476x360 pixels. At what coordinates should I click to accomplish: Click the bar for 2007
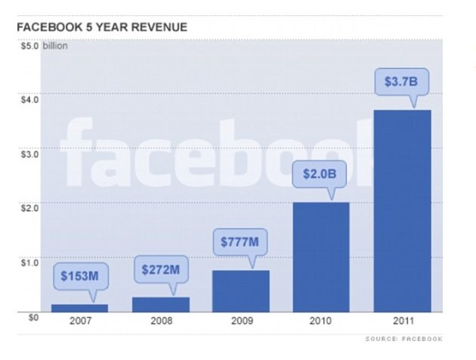coord(79,308)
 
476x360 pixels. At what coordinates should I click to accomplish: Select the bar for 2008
coord(160,304)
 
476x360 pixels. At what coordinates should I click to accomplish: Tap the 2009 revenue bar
coord(240,291)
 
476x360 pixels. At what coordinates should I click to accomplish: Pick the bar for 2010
coord(321,257)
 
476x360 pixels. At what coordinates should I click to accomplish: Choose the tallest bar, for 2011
coord(402,211)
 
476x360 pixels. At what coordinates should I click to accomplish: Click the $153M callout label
coord(79,275)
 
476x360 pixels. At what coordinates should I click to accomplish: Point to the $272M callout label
coord(161,268)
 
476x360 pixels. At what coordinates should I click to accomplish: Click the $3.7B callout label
coord(401,81)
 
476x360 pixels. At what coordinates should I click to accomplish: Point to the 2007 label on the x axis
coord(79,321)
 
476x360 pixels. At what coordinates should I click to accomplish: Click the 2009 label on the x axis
coord(240,321)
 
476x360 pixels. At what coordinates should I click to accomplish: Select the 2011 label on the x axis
coord(402,321)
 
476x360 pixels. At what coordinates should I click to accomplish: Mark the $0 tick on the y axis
coord(23,318)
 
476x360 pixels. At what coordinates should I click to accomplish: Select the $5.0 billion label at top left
coord(43,45)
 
